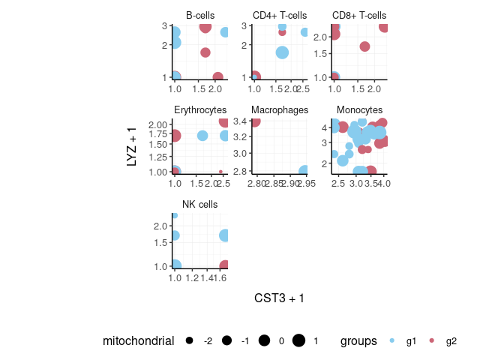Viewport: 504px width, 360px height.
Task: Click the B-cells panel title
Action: (200, 15)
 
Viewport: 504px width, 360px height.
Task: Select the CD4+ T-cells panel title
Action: (280, 15)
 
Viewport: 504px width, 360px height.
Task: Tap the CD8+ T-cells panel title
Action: (359, 15)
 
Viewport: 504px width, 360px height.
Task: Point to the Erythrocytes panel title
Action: (200, 110)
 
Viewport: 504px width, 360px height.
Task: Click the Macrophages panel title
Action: (280, 110)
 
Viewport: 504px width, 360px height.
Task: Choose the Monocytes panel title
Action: (359, 110)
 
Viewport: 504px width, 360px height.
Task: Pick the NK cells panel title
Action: (200, 205)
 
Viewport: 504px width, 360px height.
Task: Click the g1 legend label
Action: (411, 341)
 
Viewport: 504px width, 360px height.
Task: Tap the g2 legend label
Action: (451, 341)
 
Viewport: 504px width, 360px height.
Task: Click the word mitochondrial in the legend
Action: (139, 341)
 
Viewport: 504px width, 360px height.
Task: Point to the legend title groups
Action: (358, 341)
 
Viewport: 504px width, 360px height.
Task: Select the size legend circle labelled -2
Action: (189, 341)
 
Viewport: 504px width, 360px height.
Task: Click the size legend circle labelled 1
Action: (298, 341)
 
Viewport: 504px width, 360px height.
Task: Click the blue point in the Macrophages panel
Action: (304, 171)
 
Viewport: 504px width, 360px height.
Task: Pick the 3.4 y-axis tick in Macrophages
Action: (241, 121)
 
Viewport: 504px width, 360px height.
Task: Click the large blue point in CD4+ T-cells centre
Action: (282, 52)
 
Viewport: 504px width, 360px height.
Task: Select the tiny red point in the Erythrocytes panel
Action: (220, 171)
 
